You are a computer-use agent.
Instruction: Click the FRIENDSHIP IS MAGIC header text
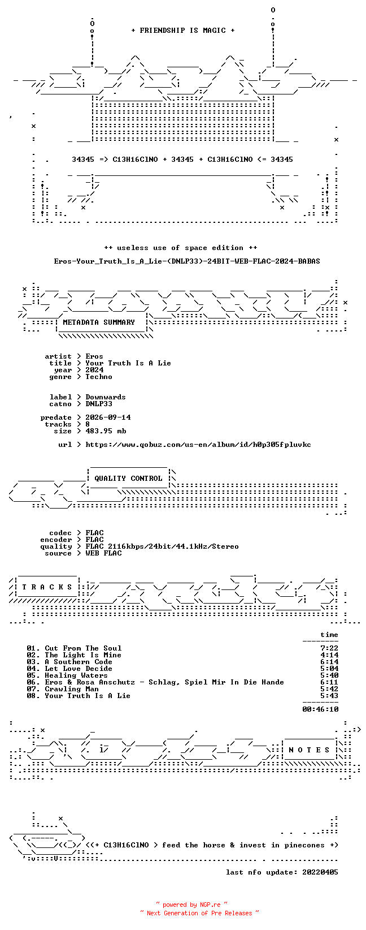tap(183, 31)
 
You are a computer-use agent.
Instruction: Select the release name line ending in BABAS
tap(187, 261)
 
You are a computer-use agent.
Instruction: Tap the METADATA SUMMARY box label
tap(99, 322)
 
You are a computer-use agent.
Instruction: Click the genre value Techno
tap(99, 377)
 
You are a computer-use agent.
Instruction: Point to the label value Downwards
tap(105, 397)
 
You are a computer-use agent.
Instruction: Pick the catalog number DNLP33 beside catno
tap(99, 403)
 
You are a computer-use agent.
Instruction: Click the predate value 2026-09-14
tap(108, 417)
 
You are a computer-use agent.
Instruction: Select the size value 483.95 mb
tap(106, 431)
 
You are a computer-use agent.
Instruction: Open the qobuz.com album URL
tap(198, 445)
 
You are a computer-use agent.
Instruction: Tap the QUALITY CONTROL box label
tap(128, 478)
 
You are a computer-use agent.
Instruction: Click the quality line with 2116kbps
tap(162, 546)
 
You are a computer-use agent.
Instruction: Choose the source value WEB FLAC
tap(103, 553)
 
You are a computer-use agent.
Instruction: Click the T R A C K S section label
tap(47, 587)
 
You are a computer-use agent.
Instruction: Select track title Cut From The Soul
tap(83, 648)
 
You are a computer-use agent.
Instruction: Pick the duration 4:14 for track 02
tap(329, 655)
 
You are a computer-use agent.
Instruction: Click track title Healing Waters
tap(76, 675)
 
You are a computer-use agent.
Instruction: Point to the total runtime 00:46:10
tap(320, 709)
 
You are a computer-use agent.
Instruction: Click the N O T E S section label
tap(309, 750)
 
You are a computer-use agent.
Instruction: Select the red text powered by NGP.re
tap(191, 905)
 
